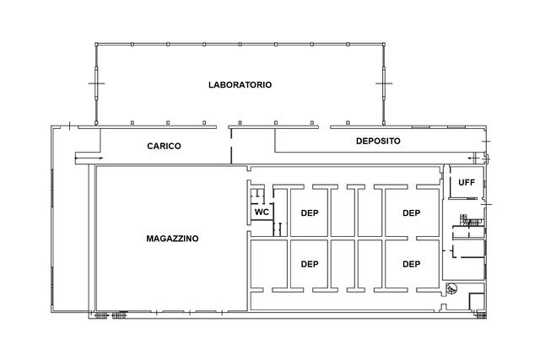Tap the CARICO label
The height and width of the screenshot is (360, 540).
pos(165,146)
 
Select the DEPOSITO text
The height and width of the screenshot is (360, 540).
pos(377,141)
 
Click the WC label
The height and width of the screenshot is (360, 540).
pos(262,212)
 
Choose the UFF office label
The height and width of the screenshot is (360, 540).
pos(466,183)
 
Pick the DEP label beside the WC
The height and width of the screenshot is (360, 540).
pos(310,212)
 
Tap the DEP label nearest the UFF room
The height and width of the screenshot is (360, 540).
pos(411,212)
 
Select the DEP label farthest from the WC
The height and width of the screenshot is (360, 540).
pos(411,264)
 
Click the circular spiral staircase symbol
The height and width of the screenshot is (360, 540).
pos(453,287)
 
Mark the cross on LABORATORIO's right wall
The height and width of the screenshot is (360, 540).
pos(385,84)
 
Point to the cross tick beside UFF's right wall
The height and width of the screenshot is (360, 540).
pos(484,204)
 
